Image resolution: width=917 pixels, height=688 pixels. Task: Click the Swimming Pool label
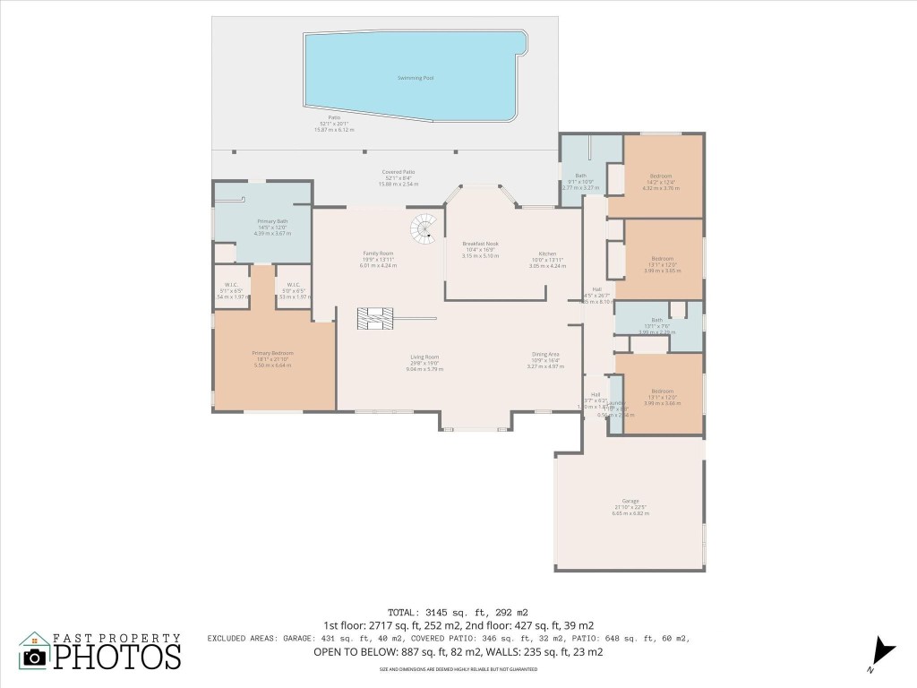[x=415, y=78]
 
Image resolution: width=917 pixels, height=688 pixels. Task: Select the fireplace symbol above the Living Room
[x=374, y=318]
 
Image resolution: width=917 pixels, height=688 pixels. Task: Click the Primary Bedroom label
[x=273, y=353]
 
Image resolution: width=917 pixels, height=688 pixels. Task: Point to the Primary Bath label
[x=272, y=220]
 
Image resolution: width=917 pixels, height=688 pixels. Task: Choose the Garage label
[x=630, y=501]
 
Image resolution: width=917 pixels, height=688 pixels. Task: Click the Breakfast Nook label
[x=480, y=244]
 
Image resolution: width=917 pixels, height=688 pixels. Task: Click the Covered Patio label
[x=399, y=172]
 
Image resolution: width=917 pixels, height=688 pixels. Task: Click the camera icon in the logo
[x=35, y=657]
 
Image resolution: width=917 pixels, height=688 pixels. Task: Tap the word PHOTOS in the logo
[x=116, y=656]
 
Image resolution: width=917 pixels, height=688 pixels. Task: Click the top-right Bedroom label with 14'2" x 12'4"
[x=661, y=176]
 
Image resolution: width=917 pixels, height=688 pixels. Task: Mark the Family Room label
[x=377, y=254]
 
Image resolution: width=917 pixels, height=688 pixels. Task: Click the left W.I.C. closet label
[x=230, y=286]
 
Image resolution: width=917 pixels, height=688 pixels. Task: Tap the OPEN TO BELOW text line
[x=458, y=651]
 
